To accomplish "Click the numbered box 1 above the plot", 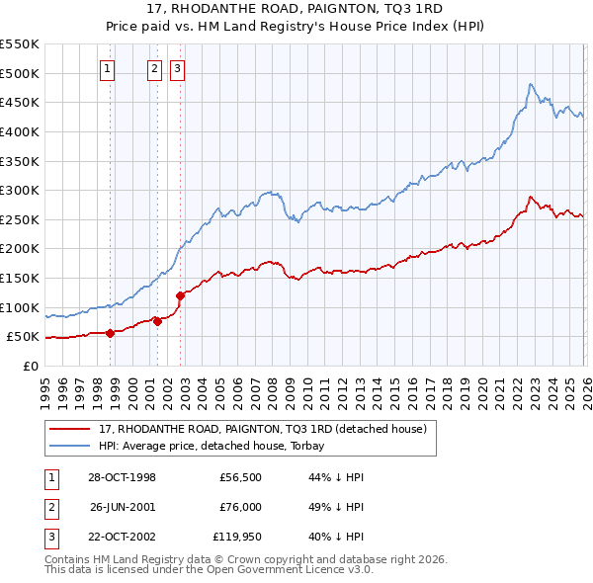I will pos(107,68).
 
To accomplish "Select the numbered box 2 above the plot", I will pos(155,68).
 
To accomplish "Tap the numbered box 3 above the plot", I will pos(177,68).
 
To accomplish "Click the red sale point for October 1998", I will pos(111,333).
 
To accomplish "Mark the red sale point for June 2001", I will pos(157,321).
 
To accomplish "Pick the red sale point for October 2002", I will pos(180,295).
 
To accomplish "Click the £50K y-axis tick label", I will pos(24,337).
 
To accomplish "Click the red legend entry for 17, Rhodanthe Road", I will pos(262,429).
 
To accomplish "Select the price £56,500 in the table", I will pos(240,477).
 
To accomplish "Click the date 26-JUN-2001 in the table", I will pos(123,507).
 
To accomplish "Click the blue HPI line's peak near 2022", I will pos(531,84).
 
